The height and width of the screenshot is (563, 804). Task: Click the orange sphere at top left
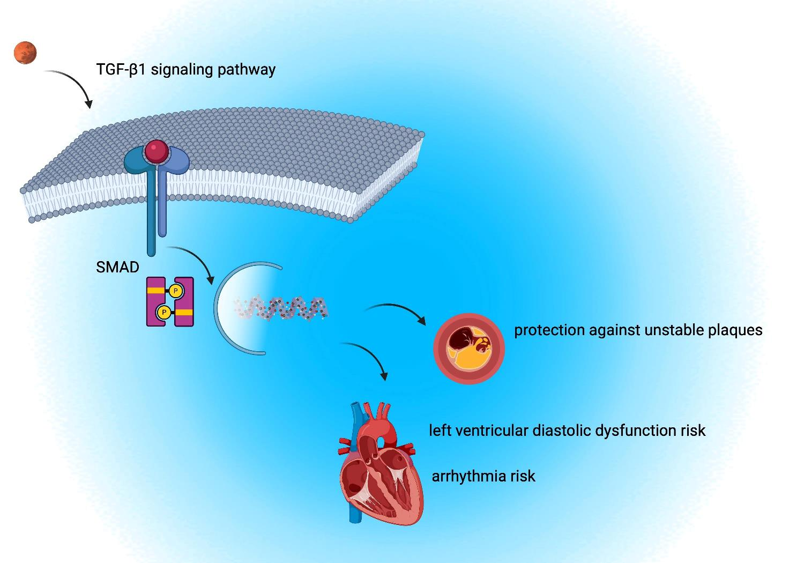25,53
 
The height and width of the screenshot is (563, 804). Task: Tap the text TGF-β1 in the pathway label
121,70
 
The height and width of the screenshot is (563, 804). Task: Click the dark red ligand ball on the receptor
156,151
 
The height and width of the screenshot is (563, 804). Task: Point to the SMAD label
117,267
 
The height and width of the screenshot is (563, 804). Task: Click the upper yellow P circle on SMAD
175,291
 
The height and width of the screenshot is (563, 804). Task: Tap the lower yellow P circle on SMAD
163,312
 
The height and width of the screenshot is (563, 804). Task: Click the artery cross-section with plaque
469,349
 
